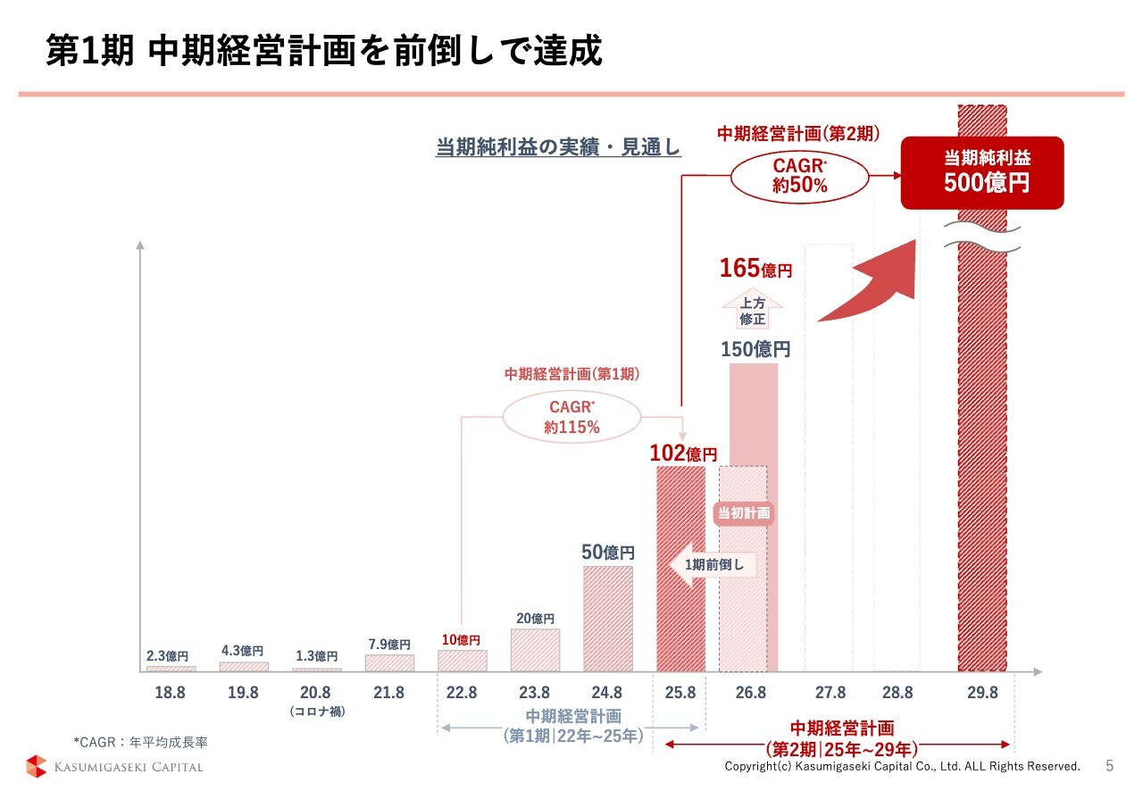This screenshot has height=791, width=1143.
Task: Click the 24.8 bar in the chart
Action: tap(608, 618)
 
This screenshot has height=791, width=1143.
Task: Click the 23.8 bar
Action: tap(535, 650)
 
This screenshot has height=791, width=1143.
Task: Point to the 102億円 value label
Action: tap(682, 454)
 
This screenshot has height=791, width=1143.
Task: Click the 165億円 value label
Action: tap(755, 268)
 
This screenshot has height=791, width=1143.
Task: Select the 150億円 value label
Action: tap(755, 349)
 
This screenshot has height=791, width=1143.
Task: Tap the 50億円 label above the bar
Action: tap(608, 553)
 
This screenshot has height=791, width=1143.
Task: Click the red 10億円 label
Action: tap(461, 640)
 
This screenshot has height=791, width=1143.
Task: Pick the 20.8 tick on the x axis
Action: tap(315, 693)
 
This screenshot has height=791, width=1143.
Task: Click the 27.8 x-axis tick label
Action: tap(830, 693)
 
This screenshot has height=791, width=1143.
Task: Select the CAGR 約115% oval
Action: tap(571, 417)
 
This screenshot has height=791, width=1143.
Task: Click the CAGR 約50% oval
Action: tap(799, 176)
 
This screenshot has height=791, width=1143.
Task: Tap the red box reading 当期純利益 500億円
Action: tap(982, 172)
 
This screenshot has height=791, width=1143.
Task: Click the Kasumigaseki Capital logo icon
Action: tap(36, 766)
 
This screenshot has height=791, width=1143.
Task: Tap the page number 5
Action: tap(1110, 766)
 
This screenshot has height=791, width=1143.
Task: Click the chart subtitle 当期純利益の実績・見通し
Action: tap(558, 147)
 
